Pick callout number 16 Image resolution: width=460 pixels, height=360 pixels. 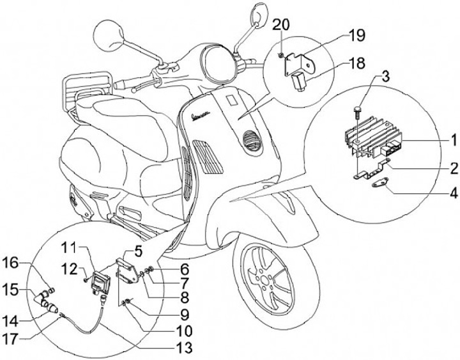[x=13, y=262]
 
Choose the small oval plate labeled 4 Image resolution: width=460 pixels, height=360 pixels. [x=383, y=188]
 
